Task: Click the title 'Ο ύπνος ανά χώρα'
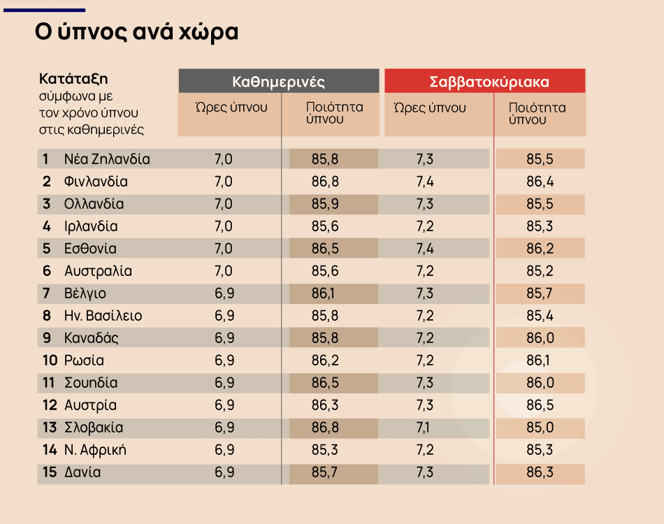136,33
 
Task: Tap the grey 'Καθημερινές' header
278,81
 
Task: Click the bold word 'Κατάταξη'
73,78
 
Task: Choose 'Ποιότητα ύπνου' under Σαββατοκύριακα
537,113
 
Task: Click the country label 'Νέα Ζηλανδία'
106,159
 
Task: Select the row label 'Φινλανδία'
95,182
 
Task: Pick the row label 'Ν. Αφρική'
95,450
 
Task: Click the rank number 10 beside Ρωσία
49,361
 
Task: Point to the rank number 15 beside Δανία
49,472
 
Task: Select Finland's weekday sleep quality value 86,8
325,182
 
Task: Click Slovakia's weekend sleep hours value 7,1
424,428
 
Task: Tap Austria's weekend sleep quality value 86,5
540,405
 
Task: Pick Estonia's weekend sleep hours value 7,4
424,249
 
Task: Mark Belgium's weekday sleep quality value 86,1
325,293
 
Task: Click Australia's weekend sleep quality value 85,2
540,271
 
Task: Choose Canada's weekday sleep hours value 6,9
224,338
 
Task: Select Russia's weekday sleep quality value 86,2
325,361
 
